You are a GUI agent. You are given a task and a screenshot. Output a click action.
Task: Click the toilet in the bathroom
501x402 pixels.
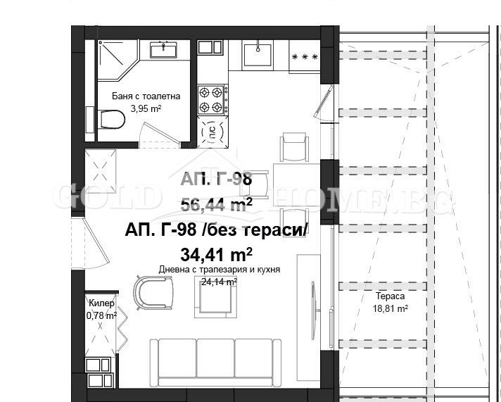[111, 119]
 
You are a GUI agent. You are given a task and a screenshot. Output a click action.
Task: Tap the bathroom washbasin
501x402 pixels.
[163, 50]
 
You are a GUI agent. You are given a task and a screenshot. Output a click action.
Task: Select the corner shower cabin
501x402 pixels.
[118, 60]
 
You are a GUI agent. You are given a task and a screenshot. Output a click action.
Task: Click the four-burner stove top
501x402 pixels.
[211, 99]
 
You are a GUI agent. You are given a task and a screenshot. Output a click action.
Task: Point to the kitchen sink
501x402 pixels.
[258, 54]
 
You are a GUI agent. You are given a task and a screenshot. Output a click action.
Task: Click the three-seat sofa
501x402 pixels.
[216, 363]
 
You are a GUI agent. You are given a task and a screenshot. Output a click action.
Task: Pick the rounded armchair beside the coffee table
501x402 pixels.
[153, 293]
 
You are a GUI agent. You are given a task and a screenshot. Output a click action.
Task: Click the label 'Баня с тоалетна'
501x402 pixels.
[146, 96]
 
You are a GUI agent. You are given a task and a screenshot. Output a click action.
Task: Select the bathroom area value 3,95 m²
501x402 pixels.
[146, 108]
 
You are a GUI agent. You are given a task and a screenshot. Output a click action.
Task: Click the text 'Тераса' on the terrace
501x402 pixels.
[390, 296]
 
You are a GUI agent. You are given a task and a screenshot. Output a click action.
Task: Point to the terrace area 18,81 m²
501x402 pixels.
[390, 308]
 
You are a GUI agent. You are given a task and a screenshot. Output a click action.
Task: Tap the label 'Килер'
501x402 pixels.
[101, 303]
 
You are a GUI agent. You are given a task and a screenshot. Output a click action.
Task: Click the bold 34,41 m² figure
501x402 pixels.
[216, 255]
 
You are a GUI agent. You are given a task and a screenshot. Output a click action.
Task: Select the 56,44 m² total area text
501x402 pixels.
[216, 205]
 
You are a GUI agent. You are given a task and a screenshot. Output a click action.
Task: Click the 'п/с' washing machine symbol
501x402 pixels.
[213, 132]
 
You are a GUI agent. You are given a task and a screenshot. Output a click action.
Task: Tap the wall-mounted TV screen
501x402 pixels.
[313, 310]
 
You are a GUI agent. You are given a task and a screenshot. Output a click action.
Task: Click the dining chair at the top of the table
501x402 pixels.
[294, 147]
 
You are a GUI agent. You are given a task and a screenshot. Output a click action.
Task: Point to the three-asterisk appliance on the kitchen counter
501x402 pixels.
[305, 57]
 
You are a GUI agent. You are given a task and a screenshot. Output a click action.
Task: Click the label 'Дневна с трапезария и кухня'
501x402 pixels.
[220, 270]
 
